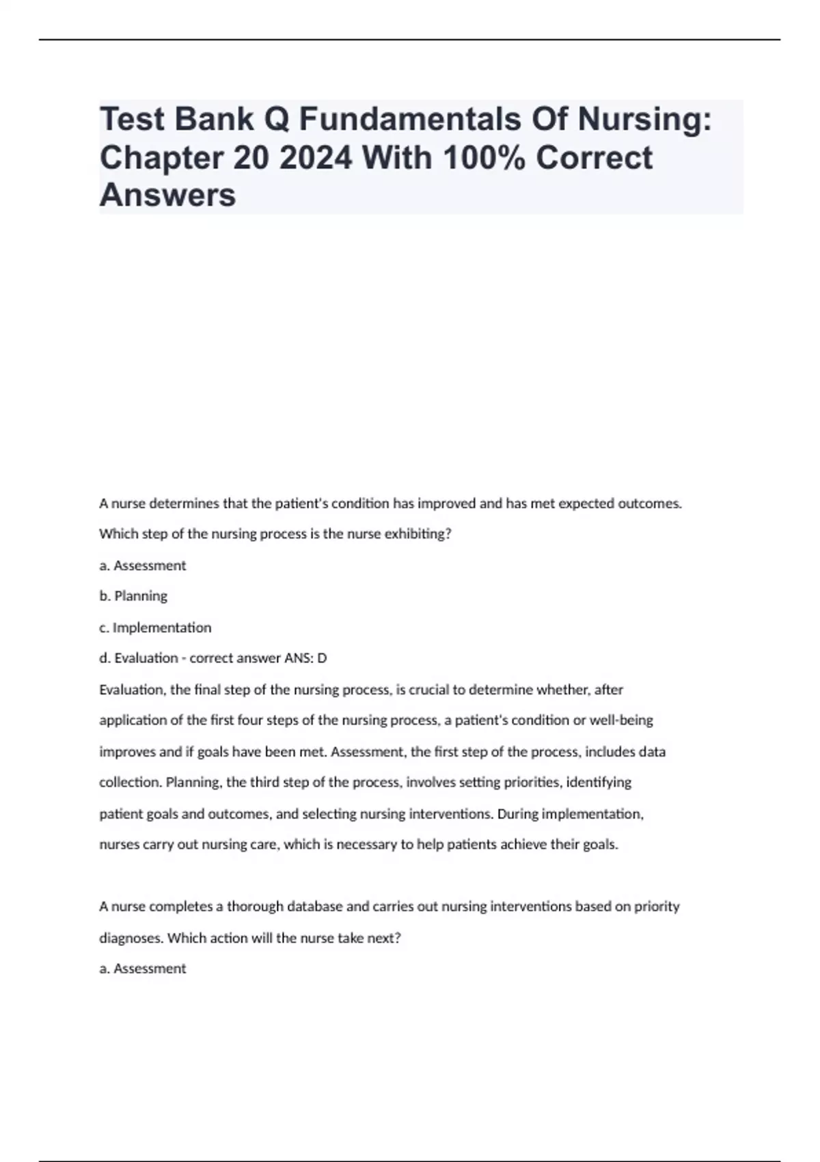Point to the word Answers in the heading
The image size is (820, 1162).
(x=167, y=195)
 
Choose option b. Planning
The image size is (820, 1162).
(x=133, y=596)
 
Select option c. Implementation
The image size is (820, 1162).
(x=155, y=627)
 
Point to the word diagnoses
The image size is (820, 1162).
(x=131, y=938)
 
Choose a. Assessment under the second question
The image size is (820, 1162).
(x=143, y=969)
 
